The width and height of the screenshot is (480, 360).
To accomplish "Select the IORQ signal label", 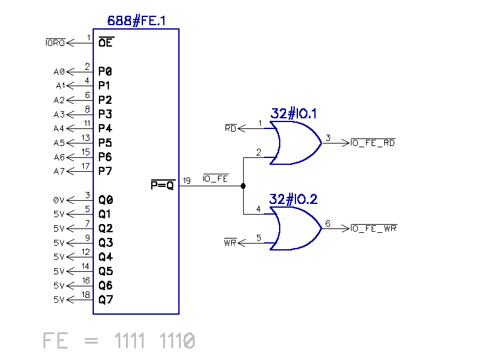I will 55,43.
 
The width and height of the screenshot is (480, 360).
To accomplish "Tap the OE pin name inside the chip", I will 106,43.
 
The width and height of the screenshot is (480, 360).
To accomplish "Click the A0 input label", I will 59,72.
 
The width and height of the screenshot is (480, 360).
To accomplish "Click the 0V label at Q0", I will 59,200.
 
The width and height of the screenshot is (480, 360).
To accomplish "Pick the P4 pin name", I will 105,129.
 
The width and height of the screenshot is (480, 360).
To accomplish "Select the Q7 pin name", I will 105,300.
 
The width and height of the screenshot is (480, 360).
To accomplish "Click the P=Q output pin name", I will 162,186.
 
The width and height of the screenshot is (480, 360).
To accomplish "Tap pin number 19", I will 187,181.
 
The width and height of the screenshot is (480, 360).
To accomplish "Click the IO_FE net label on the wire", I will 215,179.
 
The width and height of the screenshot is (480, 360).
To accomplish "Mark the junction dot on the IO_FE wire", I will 243,186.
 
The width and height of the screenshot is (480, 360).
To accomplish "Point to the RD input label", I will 231,129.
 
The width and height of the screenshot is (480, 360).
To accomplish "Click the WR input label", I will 230,243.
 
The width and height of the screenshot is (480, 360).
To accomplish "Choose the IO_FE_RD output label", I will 373,143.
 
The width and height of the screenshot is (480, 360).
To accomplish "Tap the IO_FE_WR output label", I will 374,228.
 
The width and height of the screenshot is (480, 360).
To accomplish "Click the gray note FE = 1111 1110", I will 119,341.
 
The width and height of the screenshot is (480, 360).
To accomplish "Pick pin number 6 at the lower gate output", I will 328,223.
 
